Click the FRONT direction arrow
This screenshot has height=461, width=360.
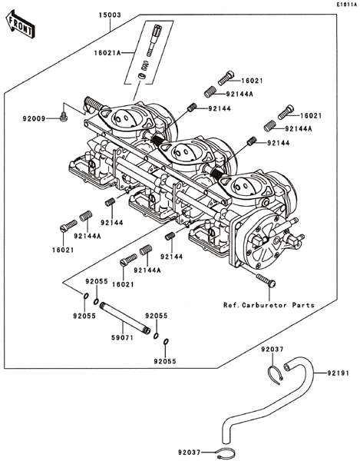[20, 26]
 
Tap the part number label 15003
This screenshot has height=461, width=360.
[110, 15]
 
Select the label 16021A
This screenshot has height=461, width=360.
[107, 53]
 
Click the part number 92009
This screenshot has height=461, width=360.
[35, 119]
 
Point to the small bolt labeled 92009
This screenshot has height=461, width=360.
[63, 118]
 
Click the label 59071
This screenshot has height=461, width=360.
[122, 338]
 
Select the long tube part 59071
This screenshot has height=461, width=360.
[125, 318]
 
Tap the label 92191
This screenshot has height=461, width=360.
[339, 373]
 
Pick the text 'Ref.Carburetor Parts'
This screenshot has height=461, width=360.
[269, 305]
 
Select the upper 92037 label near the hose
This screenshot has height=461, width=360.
[272, 350]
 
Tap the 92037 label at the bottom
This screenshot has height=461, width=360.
[190, 452]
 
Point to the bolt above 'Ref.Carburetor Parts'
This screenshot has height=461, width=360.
[266, 280]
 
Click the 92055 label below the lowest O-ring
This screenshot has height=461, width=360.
[165, 361]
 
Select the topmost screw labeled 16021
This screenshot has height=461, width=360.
[226, 78]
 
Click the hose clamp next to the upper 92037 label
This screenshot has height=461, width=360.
[276, 374]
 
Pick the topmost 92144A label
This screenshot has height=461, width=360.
[239, 94]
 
